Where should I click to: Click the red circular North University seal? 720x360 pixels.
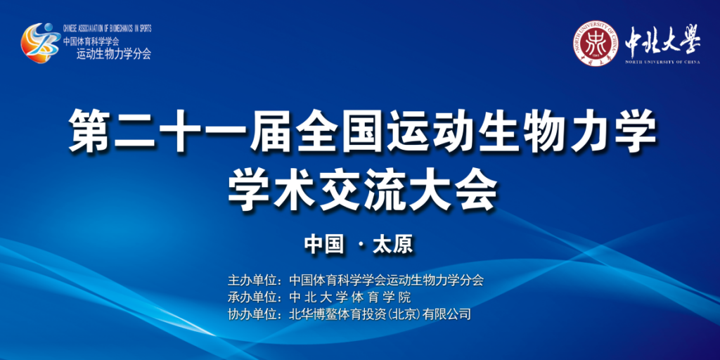[595, 43]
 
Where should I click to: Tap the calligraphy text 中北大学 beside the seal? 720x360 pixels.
[662, 40]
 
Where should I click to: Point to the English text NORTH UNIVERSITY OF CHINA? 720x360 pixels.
[662, 62]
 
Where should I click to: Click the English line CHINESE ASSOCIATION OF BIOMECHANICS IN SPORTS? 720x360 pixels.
[107, 28]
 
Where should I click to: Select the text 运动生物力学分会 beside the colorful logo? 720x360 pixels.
[113, 54]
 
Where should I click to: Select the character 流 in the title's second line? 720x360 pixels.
[385, 191]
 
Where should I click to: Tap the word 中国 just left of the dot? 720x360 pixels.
[324, 245]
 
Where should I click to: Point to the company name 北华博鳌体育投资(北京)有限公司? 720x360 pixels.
[380, 314]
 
